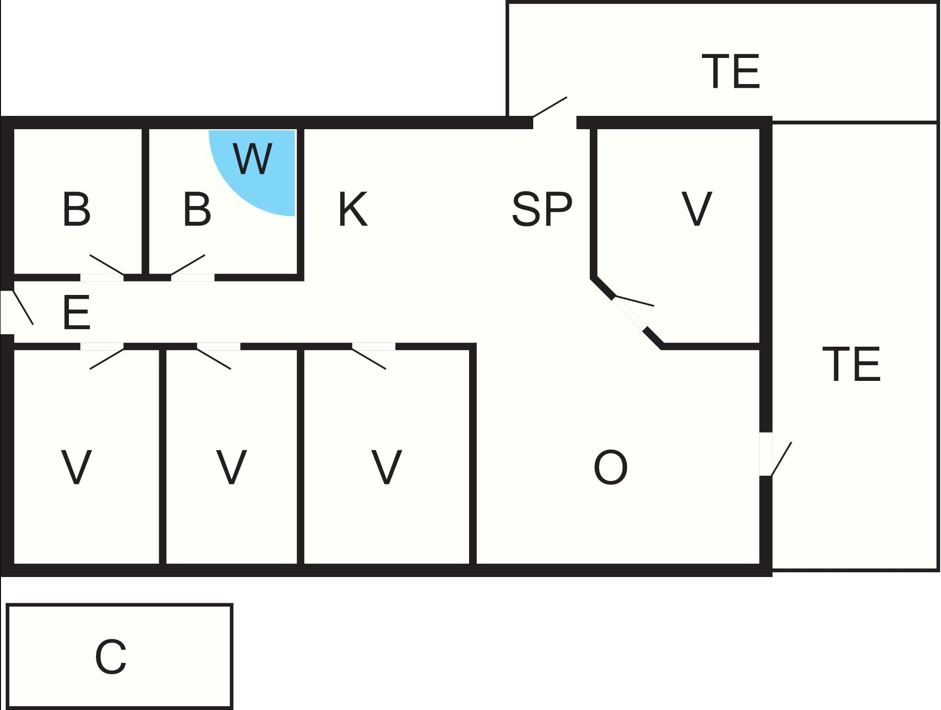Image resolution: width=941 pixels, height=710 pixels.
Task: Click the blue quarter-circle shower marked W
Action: (261, 166)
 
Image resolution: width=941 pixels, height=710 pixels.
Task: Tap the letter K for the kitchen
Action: (353, 209)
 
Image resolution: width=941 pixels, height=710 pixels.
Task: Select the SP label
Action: (542, 209)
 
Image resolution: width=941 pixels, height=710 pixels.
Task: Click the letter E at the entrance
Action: (76, 312)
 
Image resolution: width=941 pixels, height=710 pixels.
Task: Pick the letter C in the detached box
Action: (111, 657)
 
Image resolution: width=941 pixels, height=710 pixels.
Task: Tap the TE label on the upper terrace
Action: (731, 71)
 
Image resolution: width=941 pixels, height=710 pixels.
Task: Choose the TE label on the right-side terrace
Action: (851, 364)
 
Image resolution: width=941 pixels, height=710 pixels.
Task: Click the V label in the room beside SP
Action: (697, 209)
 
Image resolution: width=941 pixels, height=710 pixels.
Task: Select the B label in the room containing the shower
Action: (197, 209)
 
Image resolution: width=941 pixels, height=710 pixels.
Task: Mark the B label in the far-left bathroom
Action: (76, 209)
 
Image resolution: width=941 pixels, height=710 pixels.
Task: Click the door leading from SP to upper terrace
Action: (550, 107)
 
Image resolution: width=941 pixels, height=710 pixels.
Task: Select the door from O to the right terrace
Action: (781, 459)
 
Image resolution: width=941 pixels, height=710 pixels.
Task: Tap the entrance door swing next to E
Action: (23, 307)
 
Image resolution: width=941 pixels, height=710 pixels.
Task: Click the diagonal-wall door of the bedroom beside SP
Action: (634, 301)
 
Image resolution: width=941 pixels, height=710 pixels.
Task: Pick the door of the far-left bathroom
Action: (107, 265)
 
